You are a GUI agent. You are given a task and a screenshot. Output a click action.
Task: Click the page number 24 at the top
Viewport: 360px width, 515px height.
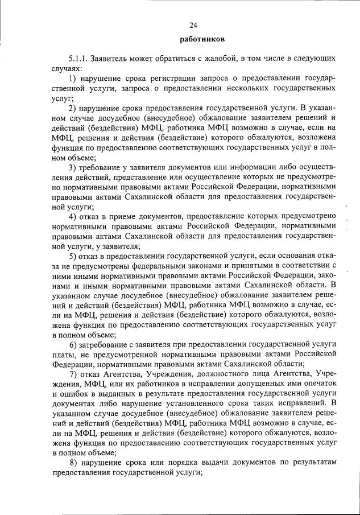[x=193, y=25]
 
